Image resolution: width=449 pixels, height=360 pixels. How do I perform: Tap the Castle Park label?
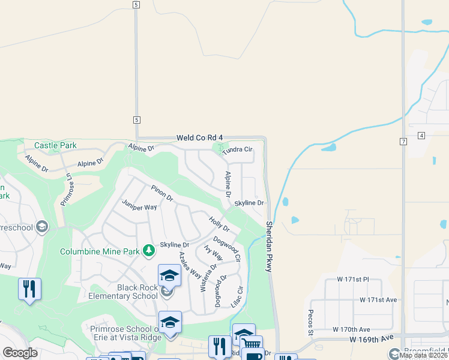[x=55, y=145]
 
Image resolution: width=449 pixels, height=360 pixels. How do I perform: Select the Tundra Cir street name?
[x=238, y=149]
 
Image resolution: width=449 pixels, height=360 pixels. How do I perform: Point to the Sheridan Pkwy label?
[x=269, y=247]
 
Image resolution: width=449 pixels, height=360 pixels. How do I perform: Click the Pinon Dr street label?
[x=161, y=193]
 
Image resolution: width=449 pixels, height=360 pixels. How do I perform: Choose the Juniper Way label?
[x=139, y=207]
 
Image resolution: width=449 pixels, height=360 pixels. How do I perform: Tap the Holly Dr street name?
[x=219, y=224]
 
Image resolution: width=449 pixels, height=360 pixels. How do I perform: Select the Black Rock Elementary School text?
[x=122, y=292]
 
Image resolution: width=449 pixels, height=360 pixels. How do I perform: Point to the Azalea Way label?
[x=190, y=265]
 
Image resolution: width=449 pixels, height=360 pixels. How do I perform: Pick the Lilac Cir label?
[x=238, y=297]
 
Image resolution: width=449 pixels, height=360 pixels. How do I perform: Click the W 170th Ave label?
[x=352, y=329]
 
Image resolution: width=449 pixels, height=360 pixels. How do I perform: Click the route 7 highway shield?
[x=403, y=141]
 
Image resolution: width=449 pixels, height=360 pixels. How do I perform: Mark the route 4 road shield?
[x=421, y=136]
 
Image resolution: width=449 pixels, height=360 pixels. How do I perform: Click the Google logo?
[x=20, y=353]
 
